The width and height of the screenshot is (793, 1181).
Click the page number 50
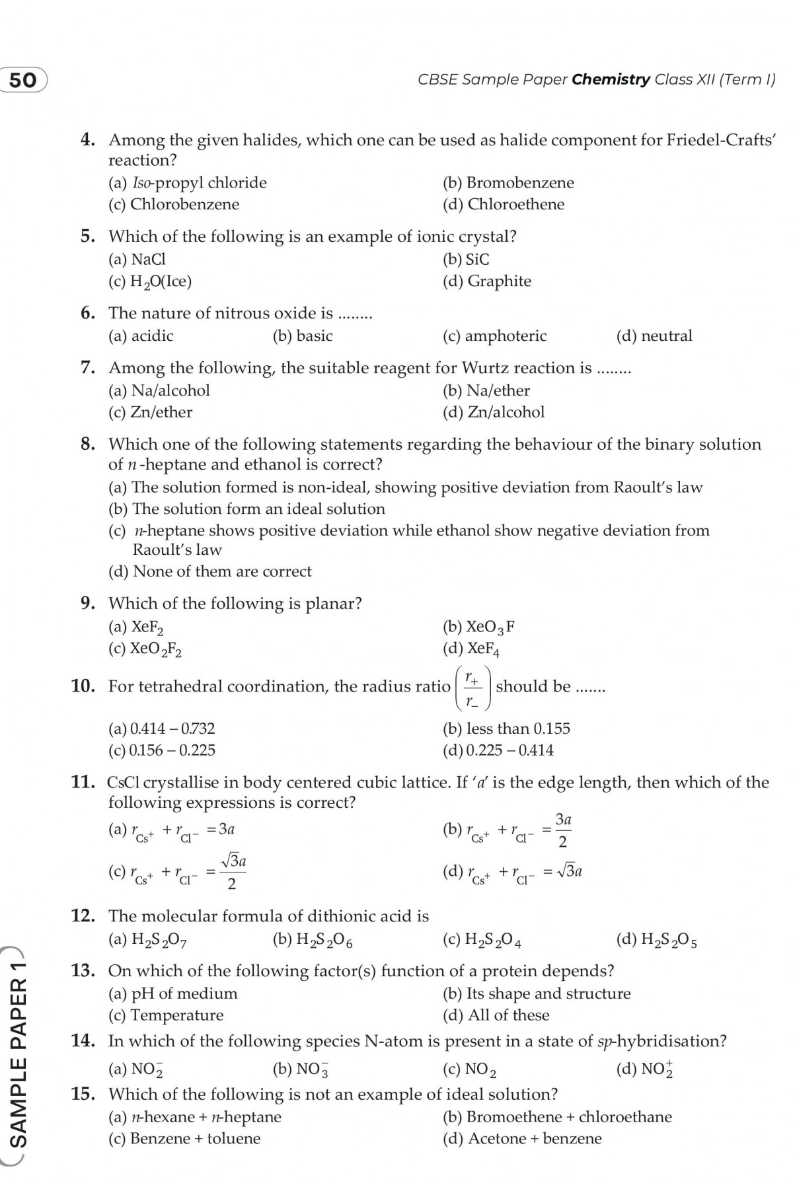(23, 80)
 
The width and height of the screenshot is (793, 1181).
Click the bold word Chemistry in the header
(611, 80)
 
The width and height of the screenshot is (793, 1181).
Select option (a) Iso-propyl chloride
(188, 183)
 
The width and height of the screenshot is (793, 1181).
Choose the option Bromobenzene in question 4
(508, 183)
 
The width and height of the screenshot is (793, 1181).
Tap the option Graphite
(487, 281)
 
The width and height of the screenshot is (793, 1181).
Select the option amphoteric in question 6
(495, 336)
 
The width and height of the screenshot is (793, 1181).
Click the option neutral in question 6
(654, 336)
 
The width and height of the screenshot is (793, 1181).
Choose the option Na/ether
(486, 391)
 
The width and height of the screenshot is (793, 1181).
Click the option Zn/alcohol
(494, 413)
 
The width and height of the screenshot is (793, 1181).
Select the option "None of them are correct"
(210, 572)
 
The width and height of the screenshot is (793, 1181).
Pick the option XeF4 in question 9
(472, 649)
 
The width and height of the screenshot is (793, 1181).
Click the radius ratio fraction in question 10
(472, 688)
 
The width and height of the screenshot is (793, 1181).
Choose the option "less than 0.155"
(506, 729)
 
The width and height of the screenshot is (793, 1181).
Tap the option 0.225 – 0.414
(498, 751)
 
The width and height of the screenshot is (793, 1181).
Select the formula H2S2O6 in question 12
(313, 940)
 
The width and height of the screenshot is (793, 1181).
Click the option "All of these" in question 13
(496, 1016)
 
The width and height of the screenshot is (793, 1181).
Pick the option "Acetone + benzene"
(522, 1139)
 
